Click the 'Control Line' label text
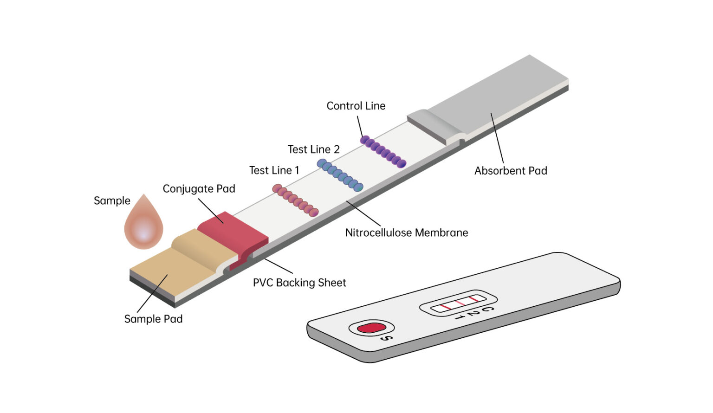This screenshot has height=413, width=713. (x=356, y=106)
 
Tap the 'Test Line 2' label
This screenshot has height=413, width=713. (x=313, y=149)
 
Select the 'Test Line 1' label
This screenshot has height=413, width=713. (x=274, y=170)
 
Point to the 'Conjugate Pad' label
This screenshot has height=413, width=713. (x=199, y=189)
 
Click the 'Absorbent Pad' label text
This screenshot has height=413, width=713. (x=511, y=171)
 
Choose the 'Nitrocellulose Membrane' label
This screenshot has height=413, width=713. (x=406, y=232)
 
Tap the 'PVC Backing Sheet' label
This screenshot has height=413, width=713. (x=299, y=283)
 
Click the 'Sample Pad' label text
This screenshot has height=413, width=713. (x=153, y=319)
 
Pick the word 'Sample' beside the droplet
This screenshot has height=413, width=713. (x=112, y=200)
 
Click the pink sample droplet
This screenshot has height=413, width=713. (x=144, y=225)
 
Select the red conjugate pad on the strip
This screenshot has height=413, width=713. (x=232, y=232)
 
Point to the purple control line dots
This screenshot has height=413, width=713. (x=383, y=151)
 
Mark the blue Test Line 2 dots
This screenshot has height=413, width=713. (x=340, y=175)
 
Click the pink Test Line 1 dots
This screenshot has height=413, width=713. (x=296, y=200)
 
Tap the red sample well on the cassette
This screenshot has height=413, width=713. (x=371, y=328)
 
